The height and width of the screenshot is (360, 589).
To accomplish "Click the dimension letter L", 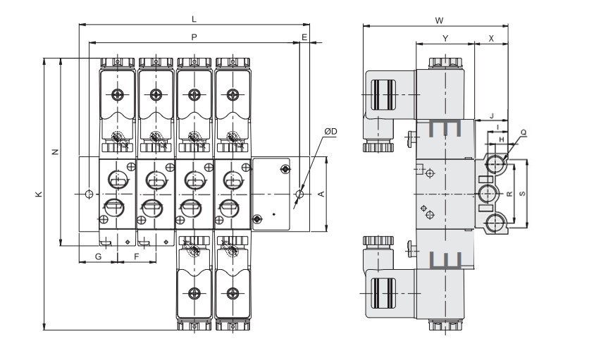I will point(194,19).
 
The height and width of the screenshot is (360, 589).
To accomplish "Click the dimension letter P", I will point(194,36).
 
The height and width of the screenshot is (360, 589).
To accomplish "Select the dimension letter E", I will point(304,36).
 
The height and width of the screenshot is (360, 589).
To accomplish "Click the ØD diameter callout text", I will point(330,132).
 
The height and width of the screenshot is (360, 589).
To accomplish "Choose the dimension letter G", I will point(98,256).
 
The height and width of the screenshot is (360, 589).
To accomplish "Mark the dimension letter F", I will point(136,256).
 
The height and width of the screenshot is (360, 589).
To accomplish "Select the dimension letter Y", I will point(445,37).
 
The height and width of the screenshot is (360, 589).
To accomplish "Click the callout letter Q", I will point(523,132).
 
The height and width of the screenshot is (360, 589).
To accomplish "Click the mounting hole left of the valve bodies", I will point(88,194).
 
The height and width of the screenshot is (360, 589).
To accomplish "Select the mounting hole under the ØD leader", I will point(300,194).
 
